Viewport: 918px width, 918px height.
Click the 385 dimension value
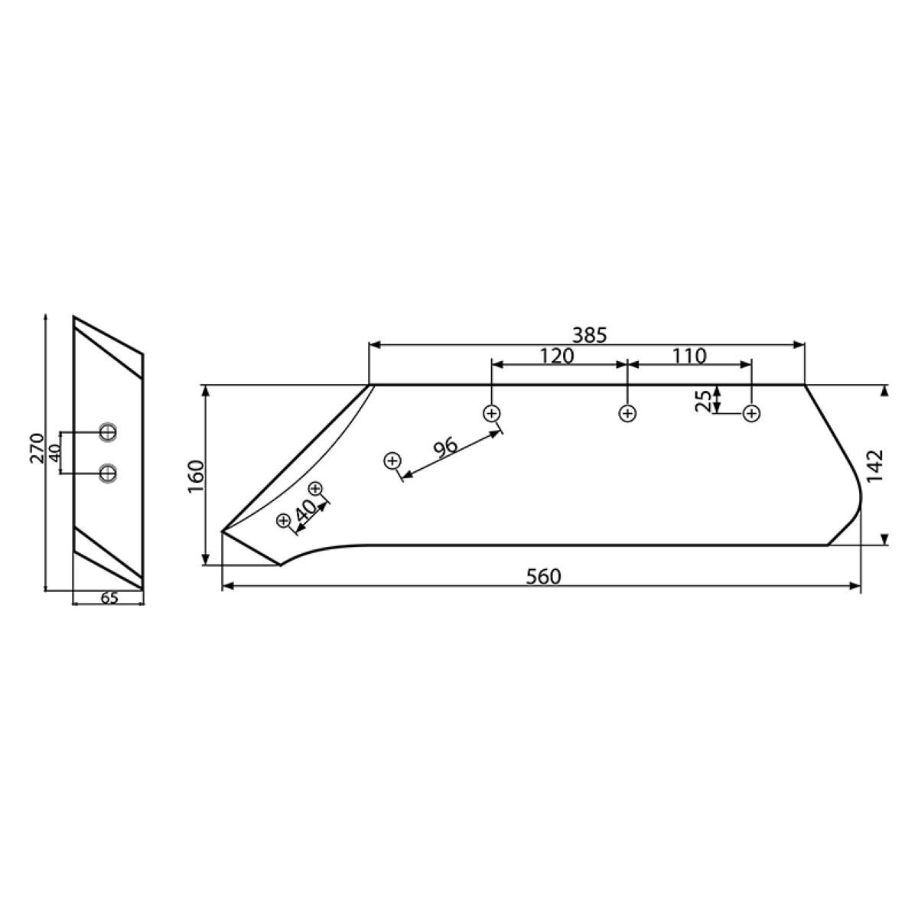589,335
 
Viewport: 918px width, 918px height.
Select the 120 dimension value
557,356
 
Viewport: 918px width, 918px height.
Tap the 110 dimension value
690,356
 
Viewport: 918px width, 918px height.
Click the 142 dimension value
876,464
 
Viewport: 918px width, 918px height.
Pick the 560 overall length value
543,577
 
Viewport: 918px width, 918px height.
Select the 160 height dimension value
195,476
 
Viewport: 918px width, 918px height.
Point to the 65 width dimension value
109,598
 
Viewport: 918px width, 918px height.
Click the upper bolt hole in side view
109,433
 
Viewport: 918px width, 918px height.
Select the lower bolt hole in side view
109,474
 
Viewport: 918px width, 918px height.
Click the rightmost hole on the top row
752,414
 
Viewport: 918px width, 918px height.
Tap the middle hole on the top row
627,414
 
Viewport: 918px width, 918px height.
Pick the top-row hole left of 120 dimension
491,414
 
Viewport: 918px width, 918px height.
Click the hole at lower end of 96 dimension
392,461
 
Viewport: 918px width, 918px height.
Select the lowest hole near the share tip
284,520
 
